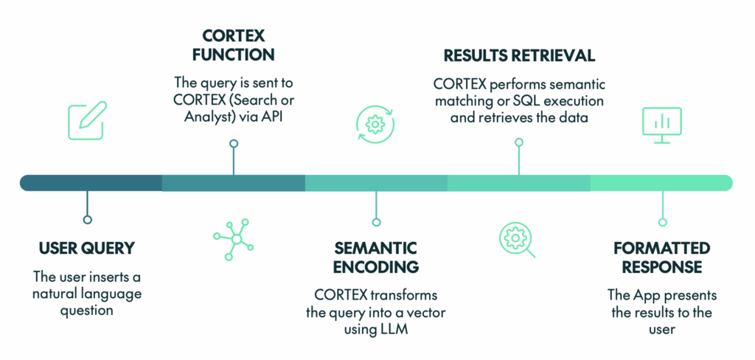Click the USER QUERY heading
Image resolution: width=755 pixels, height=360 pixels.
pyautogui.click(x=88, y=248)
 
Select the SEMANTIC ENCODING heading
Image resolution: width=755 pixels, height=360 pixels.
pyautogui.click(x=376, y=257)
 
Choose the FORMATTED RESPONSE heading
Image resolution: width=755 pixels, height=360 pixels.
pyautogui.click(x=661, y=257)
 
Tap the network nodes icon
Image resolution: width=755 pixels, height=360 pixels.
pyautogui.click(x=233, y=237)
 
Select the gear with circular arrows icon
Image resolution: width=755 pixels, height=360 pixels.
pyautogui.click(x=375, y=124)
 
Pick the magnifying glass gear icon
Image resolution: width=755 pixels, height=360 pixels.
pyautogui.click(x=518, y=239)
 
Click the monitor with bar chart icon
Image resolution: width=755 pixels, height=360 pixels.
pyautogui.click(x=661, y=125)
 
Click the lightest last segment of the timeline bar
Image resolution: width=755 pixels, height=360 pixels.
pyautogui.click(x=661, y=183)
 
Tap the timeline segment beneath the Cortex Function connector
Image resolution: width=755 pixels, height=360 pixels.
pyautogui.click(x=233, y=183)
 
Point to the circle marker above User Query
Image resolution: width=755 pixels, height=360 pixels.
pyautogui.click(x=88, y=219)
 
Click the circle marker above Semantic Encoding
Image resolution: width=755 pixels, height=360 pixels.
pyautogui.click(x=376, y=221)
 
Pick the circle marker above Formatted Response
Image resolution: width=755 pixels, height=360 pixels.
pyautogui.click(x=662, y=221)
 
